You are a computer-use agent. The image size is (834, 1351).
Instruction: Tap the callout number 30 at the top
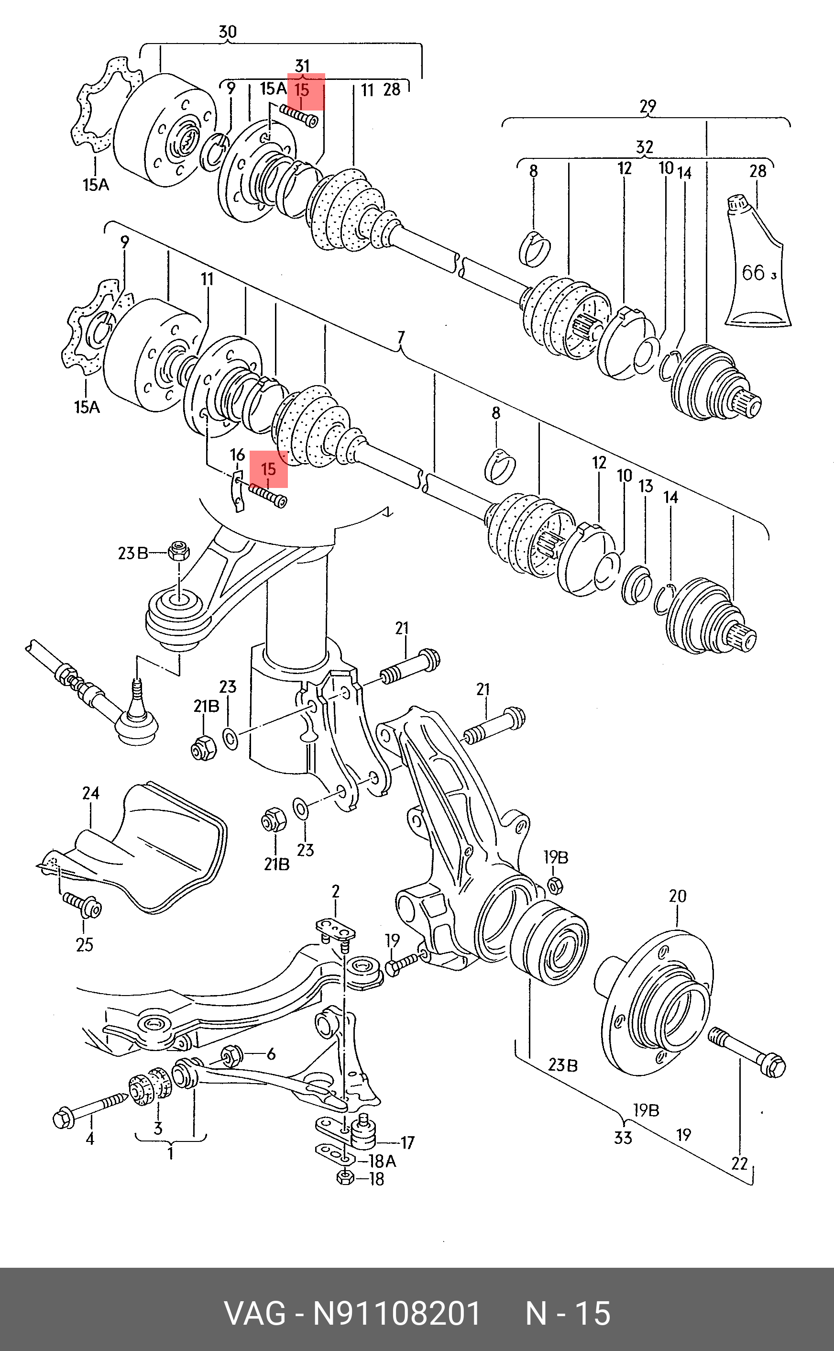(x=227, y=32)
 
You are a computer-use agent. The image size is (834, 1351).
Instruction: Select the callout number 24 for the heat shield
(x=91, y=793)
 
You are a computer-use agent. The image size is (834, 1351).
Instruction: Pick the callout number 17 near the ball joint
(x=407, y=1142)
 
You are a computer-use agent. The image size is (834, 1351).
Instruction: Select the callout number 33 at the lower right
(x=623, y=1138)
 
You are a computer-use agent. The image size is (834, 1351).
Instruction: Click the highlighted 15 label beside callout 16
(x=268, y=469)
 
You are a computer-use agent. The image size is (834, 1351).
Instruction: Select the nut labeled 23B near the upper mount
(x=179, y=550)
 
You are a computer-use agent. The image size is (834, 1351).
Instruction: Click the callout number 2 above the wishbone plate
(x=335, y=891)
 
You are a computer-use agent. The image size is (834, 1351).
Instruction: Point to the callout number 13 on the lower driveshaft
(x=646, y=486)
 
